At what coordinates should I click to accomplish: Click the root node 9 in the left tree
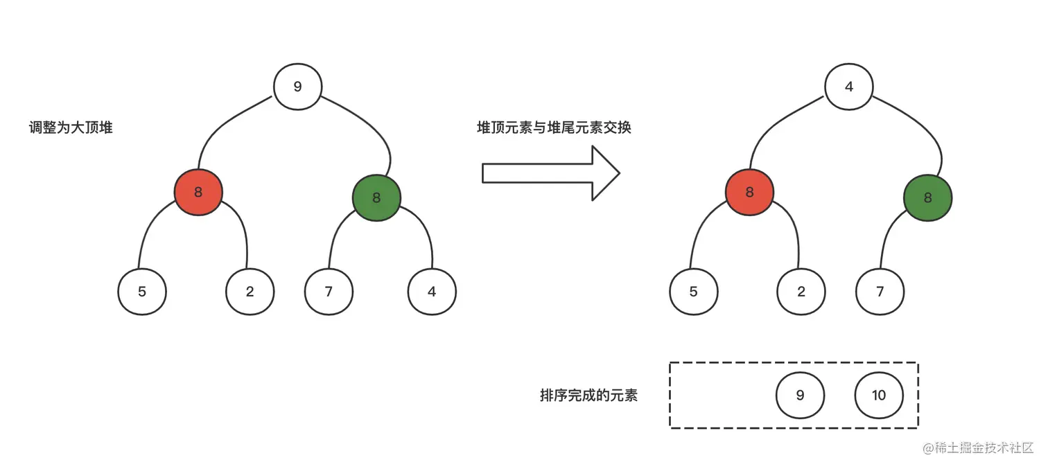297,87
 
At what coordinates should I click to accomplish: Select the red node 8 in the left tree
198,192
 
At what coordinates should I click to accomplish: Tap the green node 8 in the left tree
376,197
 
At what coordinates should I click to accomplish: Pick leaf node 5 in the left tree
142,291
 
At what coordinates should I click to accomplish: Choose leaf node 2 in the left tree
250,291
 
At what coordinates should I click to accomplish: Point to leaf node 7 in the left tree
329,291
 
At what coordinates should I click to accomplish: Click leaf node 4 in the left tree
432,291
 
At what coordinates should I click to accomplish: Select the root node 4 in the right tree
849,87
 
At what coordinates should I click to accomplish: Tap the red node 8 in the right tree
749,192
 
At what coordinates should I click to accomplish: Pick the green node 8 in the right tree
927,197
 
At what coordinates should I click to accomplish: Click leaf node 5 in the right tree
693,291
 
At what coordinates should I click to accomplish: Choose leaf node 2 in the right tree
801,291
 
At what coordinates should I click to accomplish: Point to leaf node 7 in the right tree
880,291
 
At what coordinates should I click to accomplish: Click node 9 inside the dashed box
800,395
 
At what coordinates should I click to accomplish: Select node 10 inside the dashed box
879,395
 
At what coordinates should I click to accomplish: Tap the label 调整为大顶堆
71,128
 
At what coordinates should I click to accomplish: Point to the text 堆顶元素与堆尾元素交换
554,127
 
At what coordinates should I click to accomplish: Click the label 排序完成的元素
588,396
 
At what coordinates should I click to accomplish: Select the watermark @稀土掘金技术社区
978,448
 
